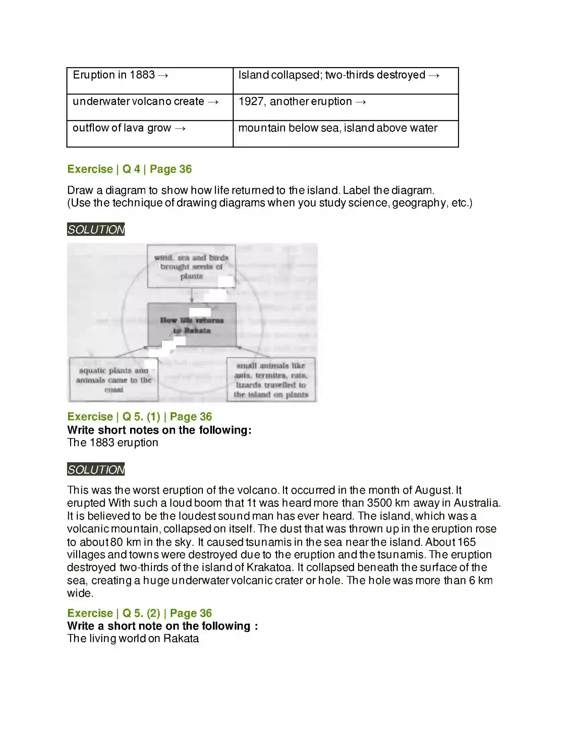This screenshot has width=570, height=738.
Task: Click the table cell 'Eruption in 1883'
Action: [150, 81]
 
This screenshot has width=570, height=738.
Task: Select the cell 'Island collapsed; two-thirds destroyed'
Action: [345, 81]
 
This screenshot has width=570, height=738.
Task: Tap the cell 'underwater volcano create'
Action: [150, 107]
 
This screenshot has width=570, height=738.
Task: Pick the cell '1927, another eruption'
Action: [345, 107]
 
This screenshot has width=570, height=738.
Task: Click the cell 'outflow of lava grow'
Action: [150, 134]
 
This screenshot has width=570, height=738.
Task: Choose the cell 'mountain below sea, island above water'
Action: [345, 134]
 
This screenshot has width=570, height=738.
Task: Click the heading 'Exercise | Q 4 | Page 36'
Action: [129, 169]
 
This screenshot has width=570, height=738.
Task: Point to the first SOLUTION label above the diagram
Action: [96, 229]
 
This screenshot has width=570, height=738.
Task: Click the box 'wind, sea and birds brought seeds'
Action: [191, 266]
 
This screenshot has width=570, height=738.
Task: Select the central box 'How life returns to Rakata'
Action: [192, 325]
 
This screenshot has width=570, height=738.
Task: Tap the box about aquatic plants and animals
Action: [114, 379]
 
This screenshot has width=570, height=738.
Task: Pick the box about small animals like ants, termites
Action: [271, 379]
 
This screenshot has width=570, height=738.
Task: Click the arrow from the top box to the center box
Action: [192, 295]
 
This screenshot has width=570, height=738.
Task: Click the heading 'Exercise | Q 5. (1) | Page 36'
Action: [139, 416]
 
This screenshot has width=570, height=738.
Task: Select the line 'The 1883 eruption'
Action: [112, 442]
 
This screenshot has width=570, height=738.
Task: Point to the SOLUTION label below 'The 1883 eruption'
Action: [96, 469]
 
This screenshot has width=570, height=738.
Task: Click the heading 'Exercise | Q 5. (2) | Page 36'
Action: [139, 613]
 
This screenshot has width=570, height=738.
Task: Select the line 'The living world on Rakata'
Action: [133, 638]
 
